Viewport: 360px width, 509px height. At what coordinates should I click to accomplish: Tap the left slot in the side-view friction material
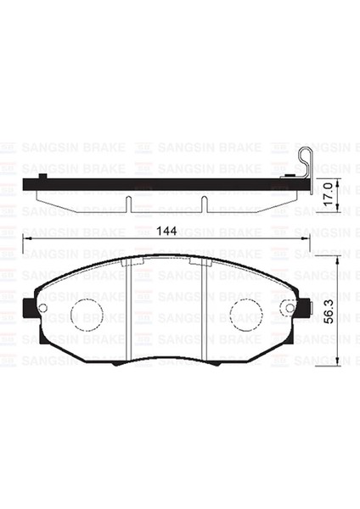pos(127,204)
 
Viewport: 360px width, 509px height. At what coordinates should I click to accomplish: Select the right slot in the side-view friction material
pos(205,204)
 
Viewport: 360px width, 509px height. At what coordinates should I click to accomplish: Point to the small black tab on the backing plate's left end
pos(42,176)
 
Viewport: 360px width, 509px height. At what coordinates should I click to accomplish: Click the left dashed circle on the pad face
pos(86,315)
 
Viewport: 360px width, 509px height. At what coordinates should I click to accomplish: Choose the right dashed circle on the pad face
pos(246,315)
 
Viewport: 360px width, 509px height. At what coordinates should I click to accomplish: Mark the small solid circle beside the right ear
pos(290,308)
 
